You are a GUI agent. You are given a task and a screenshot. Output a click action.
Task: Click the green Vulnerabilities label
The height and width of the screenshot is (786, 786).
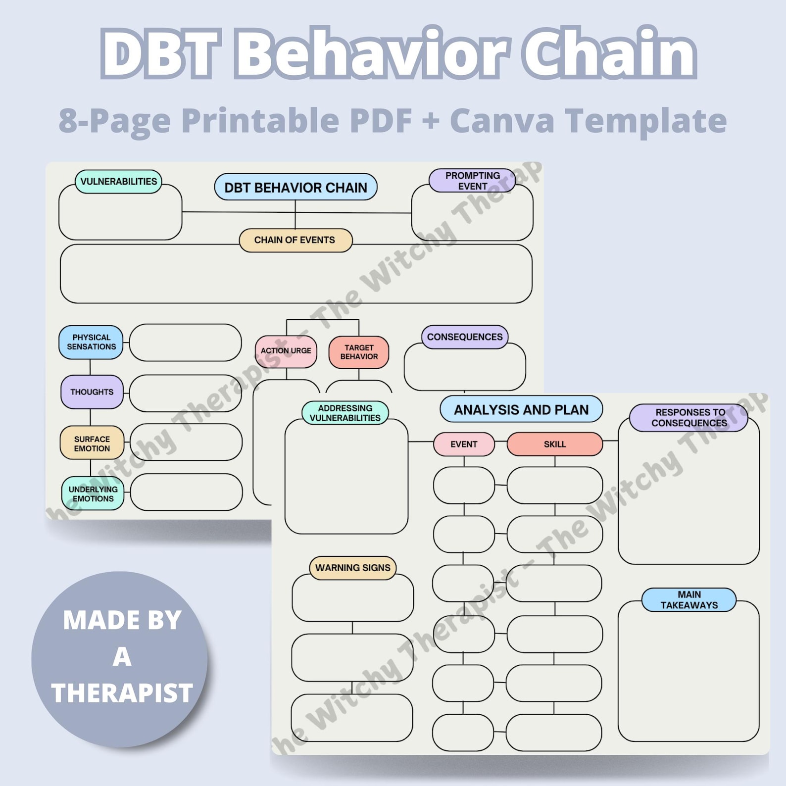click(118, 182)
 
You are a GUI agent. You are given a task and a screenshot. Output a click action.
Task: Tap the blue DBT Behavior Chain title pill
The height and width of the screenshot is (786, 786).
click(295, 187)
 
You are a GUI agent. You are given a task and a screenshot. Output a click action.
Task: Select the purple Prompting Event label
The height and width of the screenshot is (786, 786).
click(472, 181)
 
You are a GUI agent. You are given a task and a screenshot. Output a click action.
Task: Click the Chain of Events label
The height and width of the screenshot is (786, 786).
click(295, 240)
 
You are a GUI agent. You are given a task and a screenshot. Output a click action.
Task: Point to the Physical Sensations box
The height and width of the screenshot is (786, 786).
click(91, 342)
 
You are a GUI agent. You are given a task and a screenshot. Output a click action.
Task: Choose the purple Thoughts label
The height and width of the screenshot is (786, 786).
click(92, 392)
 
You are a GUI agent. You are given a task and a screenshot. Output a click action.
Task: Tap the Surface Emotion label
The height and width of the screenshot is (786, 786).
click(92, 443)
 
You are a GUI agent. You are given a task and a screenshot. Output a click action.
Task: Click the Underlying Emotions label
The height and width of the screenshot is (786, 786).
click(93, 494)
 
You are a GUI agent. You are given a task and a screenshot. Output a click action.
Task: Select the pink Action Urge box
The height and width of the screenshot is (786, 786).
click(286, 351)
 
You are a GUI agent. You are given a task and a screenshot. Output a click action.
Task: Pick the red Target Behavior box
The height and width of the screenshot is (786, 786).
click(359, 352)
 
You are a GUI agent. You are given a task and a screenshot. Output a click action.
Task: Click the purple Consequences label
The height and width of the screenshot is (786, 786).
click(464, 337)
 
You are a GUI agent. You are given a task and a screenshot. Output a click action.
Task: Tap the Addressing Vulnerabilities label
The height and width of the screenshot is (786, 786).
click(345, 413)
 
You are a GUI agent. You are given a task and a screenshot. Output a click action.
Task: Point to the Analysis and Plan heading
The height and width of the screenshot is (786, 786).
click(521, 410)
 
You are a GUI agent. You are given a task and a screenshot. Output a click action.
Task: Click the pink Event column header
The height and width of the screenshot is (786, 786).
click(464, 444)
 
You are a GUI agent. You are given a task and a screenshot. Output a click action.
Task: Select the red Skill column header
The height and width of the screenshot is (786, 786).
click(554, 444)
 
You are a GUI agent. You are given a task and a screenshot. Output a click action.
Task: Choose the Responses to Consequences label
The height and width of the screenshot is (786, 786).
click(689, 418)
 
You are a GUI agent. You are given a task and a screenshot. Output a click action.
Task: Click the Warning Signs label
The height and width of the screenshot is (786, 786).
click(352, 568)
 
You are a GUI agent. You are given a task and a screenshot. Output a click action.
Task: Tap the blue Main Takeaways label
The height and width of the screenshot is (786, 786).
click(689, 600)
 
